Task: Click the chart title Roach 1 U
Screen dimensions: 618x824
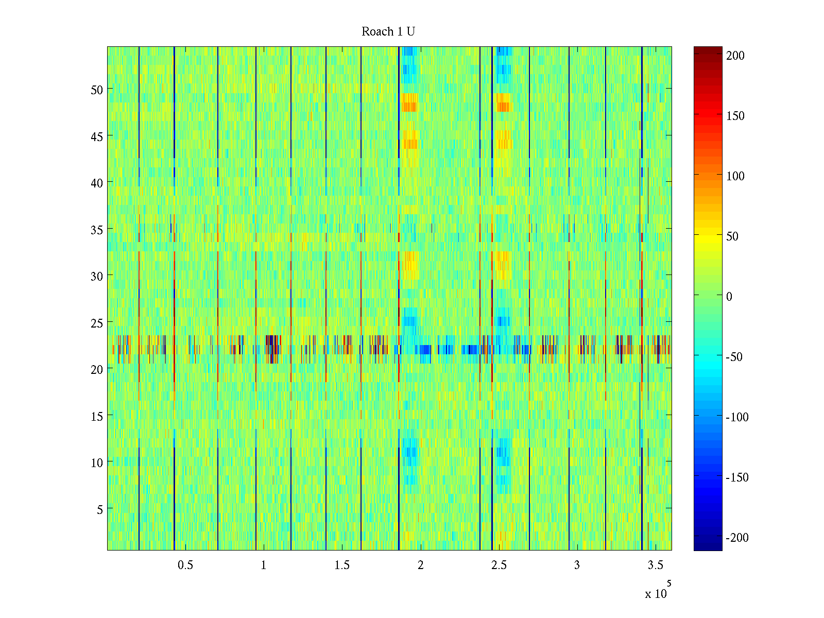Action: (388, 31)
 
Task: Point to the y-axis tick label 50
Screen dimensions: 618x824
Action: (97, 89)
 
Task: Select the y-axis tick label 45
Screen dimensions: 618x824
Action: (97, 136)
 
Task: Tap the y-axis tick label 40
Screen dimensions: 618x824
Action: (97, 182)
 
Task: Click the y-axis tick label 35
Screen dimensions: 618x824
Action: (97, 229)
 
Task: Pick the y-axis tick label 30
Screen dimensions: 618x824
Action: (97, 276)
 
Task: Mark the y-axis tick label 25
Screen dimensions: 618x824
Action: (97, 322)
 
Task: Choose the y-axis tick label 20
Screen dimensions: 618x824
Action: (97, 369)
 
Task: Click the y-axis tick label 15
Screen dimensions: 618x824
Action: (97, 416)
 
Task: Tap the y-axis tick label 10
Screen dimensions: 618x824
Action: (97, 462)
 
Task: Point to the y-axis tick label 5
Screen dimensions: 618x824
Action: (100, 509)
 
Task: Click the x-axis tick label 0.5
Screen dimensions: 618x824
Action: (185, 565)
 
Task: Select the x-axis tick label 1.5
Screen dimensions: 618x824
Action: (342, 565)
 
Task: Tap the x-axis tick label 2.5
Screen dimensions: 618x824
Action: (499, 565)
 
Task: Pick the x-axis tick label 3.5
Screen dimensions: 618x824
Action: (656, 565)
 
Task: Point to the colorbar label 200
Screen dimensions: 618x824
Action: (735, 56)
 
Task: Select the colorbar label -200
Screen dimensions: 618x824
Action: (737, 538)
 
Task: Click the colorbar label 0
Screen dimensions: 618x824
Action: (729, 296)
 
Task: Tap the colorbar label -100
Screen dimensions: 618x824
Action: (737, 417)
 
